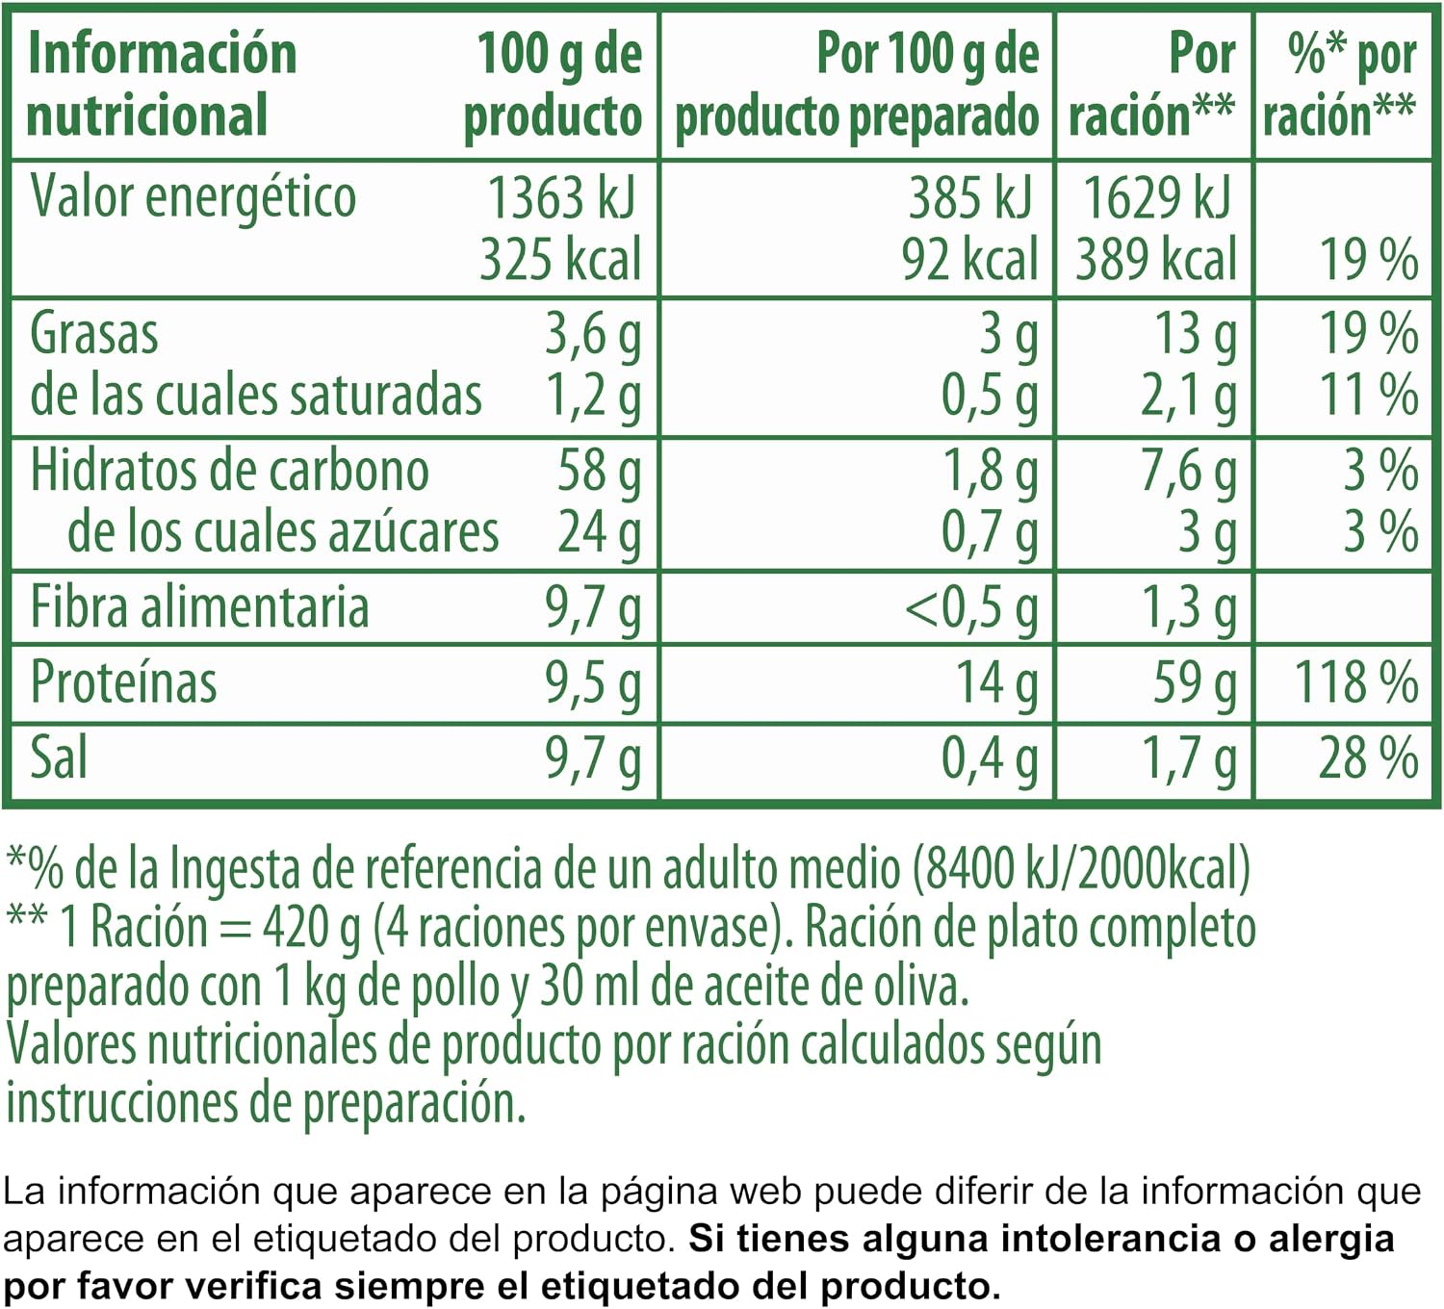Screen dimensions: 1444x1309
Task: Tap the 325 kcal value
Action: pyautogui.click(x=560, y=260)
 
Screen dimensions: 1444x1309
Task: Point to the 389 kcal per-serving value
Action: pyautogui.click(x=1156, y=260)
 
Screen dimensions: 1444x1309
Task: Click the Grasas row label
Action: pyautogui.click(x=93, y=333)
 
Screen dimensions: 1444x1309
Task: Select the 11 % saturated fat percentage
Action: pyautogui.click(x=1368, y=396)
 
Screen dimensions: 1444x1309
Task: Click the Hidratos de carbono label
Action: pyautogui.click(x=230, y=471)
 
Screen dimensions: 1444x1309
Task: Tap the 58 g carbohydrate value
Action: pyautogui.click(x=599, y=473)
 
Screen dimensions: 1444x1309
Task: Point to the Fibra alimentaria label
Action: pyautogui.click(x=199, y=607)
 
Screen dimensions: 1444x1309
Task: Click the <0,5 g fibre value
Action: pyautogui.click(x=971, y=610)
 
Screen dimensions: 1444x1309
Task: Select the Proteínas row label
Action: pyautogui.click(x=123, y=681)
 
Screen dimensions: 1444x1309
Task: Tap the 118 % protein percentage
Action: pyautogui.click(x=1357, y=681)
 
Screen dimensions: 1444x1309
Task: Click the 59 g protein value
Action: pyautogui.click(x=1195, y=684)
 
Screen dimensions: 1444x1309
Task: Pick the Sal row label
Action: pyautogui.click(x=59, y=757)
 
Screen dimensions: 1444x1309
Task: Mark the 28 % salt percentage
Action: pyautogui.click(x=1368, y=758)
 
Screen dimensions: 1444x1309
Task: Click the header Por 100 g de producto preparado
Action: pyautogui.click(x=858, y=85)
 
